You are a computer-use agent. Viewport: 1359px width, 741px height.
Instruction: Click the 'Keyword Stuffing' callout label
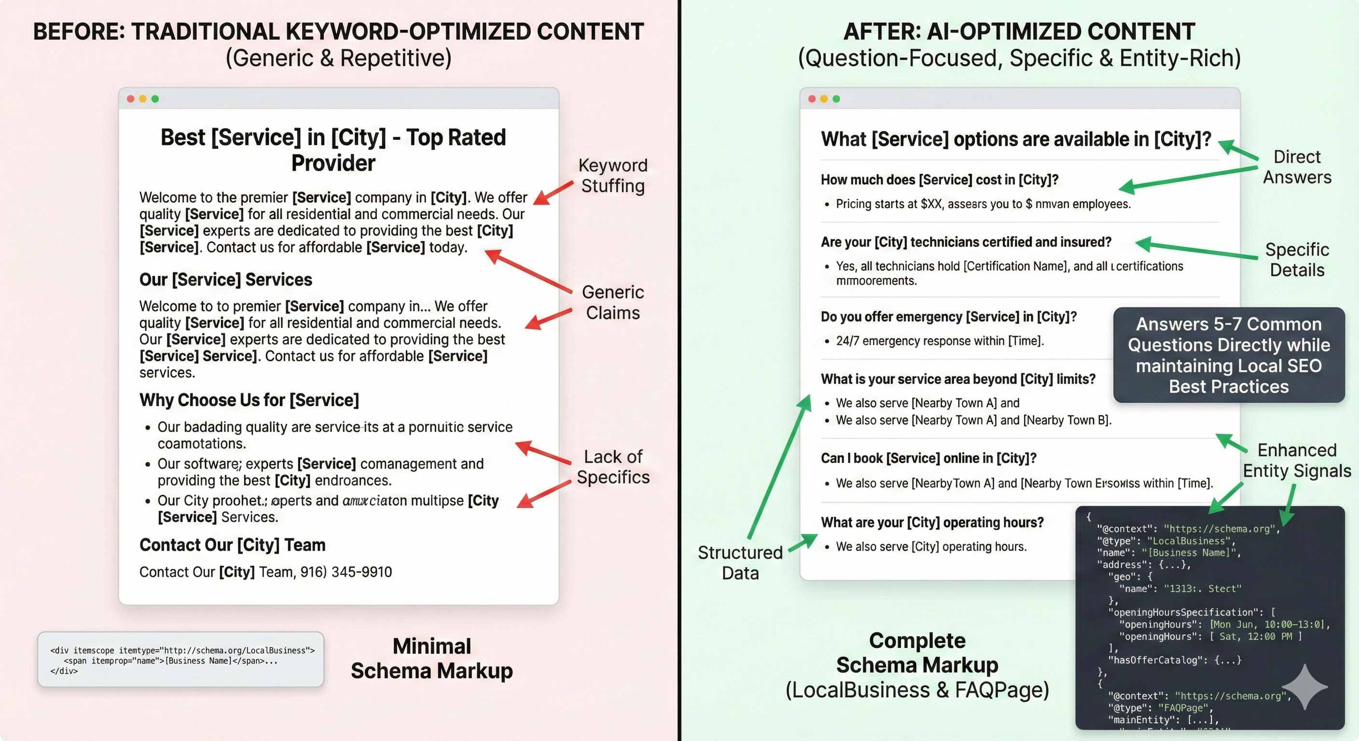(612, 175)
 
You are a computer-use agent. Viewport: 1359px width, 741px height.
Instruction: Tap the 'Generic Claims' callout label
(612, 302)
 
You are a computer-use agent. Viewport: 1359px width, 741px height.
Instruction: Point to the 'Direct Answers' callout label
(1297, 166)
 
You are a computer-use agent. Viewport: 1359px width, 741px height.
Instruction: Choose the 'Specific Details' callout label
(1297, 260)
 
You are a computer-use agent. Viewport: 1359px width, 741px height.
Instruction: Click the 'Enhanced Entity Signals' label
(1297, 460)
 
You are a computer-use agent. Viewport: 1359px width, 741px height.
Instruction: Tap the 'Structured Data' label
(740, 562)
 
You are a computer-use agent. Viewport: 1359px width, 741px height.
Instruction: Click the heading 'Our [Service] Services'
(226, 279)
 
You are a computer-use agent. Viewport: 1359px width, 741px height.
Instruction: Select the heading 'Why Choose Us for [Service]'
(249, 400)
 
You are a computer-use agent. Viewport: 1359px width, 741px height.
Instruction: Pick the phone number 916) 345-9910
(346, 572)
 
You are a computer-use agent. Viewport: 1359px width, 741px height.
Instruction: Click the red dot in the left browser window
(130, 98)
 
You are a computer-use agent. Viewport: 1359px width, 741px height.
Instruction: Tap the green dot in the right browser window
(836, 98)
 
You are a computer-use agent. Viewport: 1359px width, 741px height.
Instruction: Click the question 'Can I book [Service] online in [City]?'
(929, 458)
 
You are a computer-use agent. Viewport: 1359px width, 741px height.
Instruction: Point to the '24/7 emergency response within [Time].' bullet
(940, 341)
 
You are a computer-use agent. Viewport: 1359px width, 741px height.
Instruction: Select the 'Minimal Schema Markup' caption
(431, 658)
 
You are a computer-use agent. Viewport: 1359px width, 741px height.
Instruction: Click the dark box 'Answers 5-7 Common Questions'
(1229, 355)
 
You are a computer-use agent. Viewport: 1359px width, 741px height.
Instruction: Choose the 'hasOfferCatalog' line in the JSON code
(1174, 660)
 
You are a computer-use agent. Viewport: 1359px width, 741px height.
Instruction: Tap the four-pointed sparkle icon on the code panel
(1304, 686)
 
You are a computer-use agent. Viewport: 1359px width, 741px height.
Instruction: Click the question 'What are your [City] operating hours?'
(932, 522)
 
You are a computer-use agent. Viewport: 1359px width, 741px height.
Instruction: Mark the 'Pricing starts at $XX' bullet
(983, 204)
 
